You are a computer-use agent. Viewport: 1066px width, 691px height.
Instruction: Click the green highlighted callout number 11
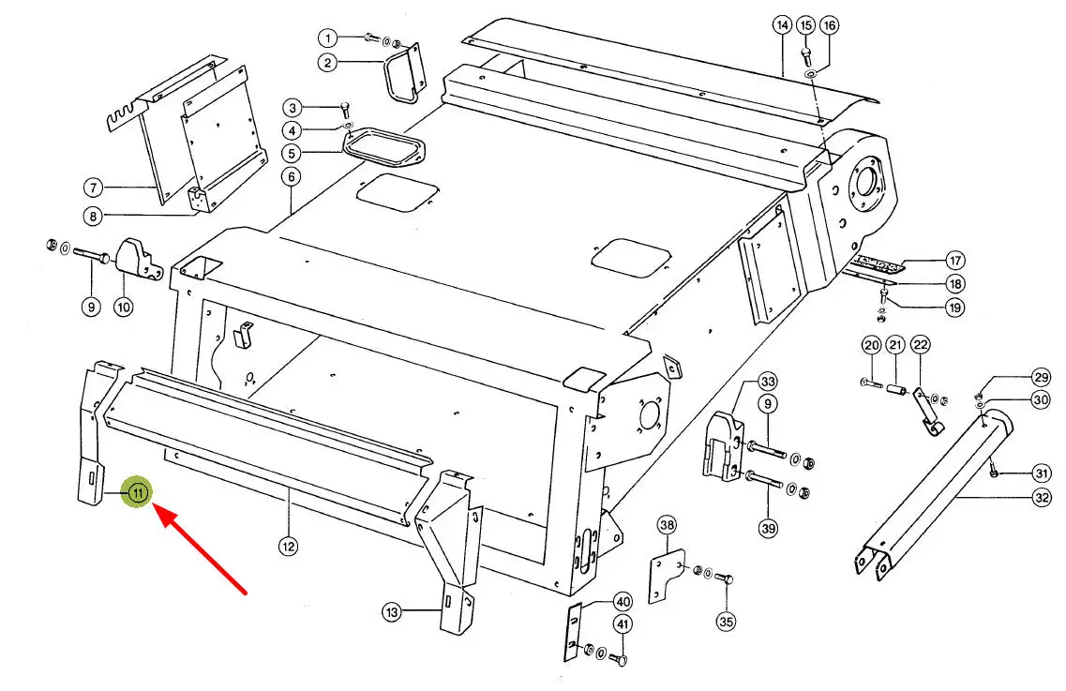click(138, 492)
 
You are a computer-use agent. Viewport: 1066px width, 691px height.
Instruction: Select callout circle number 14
click(783, 25)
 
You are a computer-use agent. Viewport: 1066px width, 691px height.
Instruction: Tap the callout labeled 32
click(1042, 497)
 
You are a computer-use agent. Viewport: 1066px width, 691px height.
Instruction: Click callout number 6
click(291, 177)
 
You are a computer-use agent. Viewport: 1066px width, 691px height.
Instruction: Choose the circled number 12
click(288, 546)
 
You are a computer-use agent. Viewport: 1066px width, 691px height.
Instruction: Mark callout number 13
click(392, 612)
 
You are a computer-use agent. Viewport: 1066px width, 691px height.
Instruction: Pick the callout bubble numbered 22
click(920, 345)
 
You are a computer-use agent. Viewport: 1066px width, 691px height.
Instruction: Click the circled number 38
click(667, 524)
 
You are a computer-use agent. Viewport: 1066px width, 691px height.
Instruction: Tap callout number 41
click(622, 623)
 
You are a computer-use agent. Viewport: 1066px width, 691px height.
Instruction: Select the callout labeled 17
click(955, 260)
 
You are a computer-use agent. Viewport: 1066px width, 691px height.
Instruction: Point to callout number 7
click(93, 187)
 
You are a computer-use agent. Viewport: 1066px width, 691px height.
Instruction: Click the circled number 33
click(768, 381)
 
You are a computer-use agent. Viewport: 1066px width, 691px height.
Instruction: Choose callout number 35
click(726, 621)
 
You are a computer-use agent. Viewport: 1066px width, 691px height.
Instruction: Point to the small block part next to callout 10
click(139, 261)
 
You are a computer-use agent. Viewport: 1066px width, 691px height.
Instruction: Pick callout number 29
click(1041, 378)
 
